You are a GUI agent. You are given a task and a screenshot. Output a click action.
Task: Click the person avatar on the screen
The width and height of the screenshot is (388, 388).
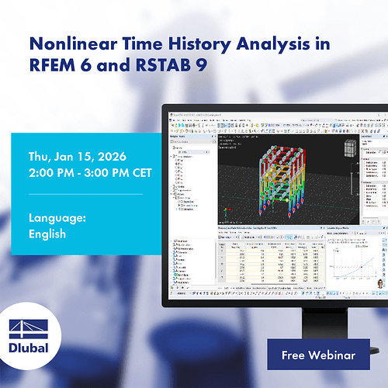click(379, 286)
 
